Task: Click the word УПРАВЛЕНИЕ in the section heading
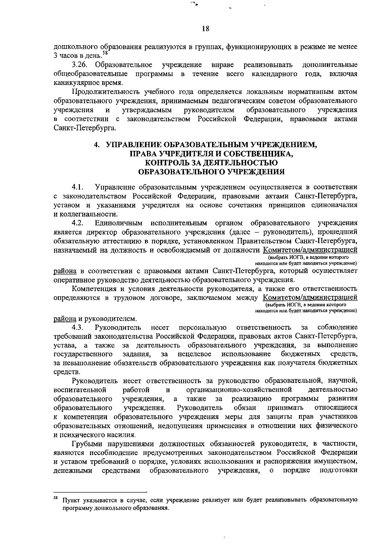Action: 134,145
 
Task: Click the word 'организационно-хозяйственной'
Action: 239,390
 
